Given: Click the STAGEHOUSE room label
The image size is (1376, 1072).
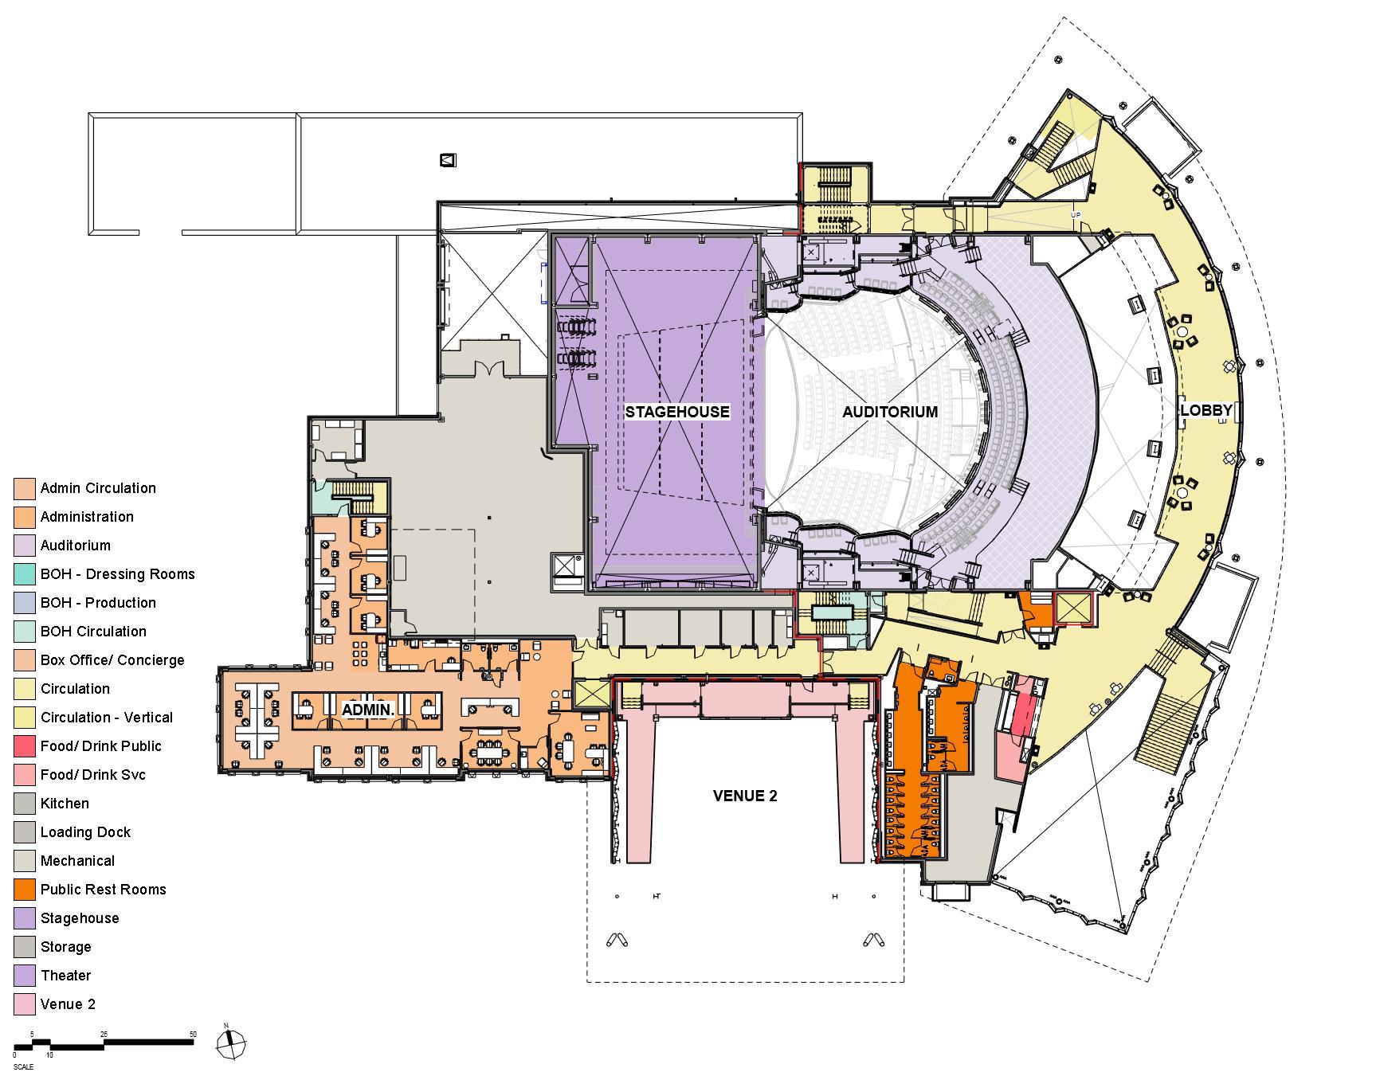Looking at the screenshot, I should (676, 412).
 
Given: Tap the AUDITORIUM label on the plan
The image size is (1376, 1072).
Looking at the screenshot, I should (889, 412).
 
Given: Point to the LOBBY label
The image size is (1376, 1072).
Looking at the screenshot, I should (1206, 410).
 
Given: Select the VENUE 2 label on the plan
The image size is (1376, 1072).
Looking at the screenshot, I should (744, 796).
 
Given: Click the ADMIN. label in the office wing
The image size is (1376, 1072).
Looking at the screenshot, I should (368, 709).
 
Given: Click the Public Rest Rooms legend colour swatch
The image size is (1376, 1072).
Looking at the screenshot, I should (25, 890).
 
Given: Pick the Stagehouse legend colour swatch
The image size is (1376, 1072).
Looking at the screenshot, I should (25, 918).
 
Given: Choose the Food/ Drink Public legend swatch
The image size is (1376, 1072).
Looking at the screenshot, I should (25, 746).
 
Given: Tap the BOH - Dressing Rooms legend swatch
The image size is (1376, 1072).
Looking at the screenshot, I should (25, 574).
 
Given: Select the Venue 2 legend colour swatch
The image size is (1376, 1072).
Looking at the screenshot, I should (25, 1004).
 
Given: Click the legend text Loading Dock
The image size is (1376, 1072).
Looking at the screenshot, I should (85, 832).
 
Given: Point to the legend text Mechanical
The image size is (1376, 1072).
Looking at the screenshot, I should (77, 861).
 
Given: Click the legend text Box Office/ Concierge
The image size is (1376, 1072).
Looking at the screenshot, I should (112, 660).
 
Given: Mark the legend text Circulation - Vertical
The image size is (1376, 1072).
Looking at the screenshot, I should (107, 718).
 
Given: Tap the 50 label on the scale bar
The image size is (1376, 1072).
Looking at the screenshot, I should (193, 1035).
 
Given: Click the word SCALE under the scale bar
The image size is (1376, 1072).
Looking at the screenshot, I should (23, 1067).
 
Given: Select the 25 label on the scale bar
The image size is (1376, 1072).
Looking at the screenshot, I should (104, 1035).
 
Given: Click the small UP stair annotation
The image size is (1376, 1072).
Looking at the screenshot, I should (1076, 215).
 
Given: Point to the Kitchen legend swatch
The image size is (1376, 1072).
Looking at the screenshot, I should (25, 804).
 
